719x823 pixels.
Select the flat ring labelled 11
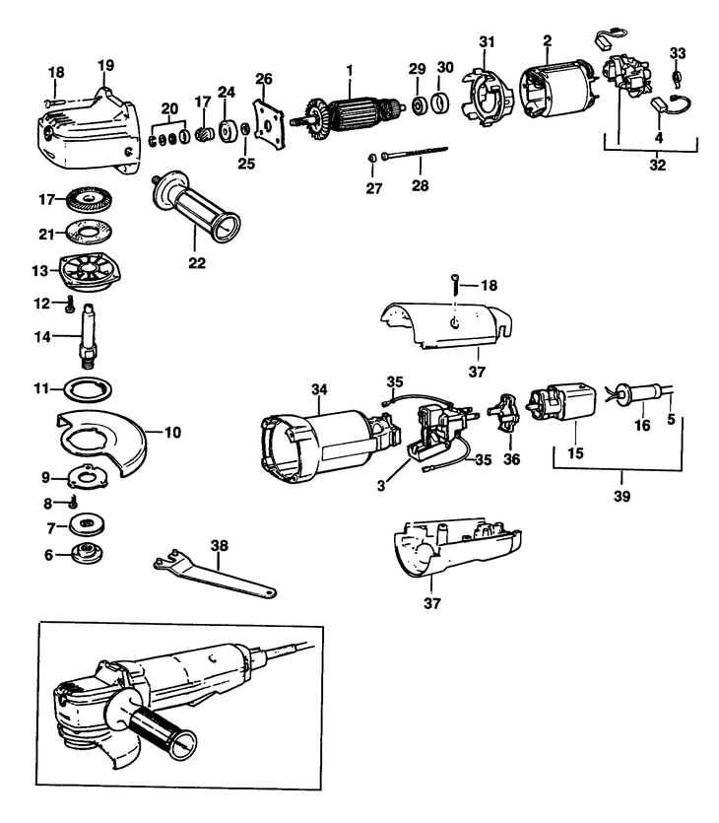pos(88,388)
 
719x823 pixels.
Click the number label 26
pos(263,78)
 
